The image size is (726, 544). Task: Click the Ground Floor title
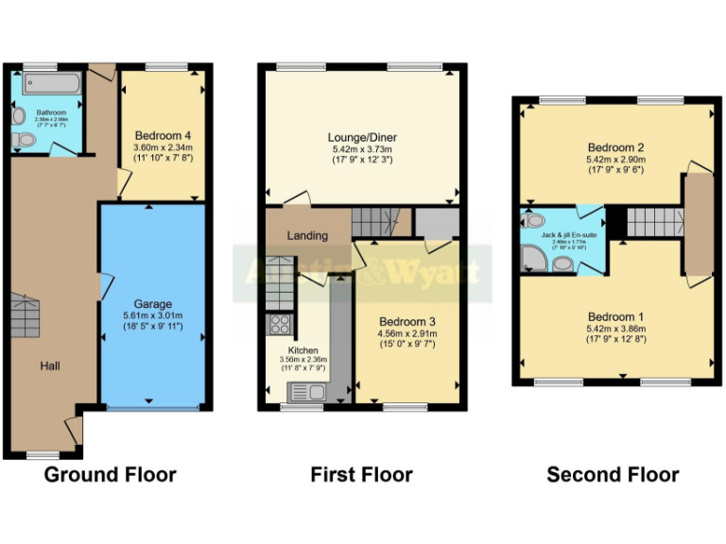pyautogui.click(x=110, y=474)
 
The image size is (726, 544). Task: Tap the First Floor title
pyautogui.click(x=361, y=474)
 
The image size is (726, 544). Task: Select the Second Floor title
pyautogui.click(x=613, y=474)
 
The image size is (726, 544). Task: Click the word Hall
pyautogui.click(x=50, y=365)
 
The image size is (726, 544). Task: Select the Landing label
pyautogui.click(x=307, y=235)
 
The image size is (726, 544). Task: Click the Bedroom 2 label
pyautogui.click(x=615, y=147)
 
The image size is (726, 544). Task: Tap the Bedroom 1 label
pyautogui.click(x=615, y=316)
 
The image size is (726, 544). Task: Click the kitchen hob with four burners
pyautogui.click(x=281, y=325)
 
